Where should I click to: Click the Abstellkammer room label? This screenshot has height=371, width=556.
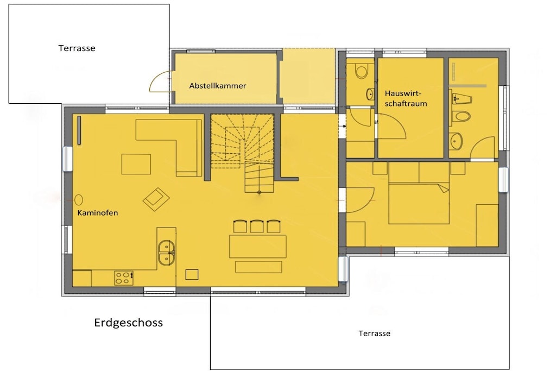[217, 85]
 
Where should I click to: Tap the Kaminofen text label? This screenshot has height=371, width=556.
[98, 213]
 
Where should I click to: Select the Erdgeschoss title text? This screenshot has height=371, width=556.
[128, 323]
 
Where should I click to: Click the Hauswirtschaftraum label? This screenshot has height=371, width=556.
[406, 98]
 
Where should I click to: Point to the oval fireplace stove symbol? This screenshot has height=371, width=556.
[79, 200]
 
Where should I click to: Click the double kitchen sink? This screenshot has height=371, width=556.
[166, 253]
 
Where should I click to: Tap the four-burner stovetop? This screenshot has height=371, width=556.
[124, 278]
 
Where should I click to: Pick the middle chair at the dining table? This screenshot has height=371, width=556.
[257, 226]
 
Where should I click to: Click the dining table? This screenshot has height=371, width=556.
[258, 246]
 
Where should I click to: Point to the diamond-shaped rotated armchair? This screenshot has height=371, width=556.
[156, 199]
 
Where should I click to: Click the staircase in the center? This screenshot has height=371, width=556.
[242, 153]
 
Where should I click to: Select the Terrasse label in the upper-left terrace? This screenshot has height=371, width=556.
[77, 48]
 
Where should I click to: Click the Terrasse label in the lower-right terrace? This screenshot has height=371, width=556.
[374, 334]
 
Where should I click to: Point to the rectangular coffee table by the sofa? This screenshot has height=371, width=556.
[136, 164]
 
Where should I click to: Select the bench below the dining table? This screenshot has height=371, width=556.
[258, 267]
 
